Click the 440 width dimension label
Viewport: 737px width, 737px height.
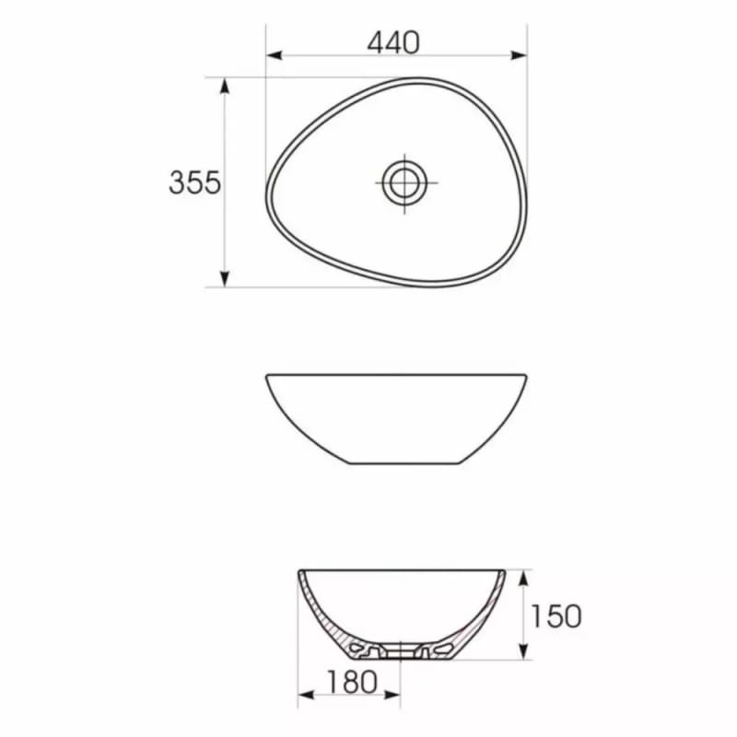(393, 42)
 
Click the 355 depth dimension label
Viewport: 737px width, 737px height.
(194, 182)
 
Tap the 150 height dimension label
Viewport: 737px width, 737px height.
(556, 615)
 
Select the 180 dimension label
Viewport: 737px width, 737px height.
(352, 682)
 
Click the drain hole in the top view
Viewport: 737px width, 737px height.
(404, 182)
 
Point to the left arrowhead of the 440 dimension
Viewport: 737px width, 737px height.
(275, 55)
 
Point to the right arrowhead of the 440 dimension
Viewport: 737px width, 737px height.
(519, 55)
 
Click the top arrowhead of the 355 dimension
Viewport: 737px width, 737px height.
(225, 86)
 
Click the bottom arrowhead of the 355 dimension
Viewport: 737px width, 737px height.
(225, 279)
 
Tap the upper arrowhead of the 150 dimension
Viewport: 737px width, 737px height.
(522, 579)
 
